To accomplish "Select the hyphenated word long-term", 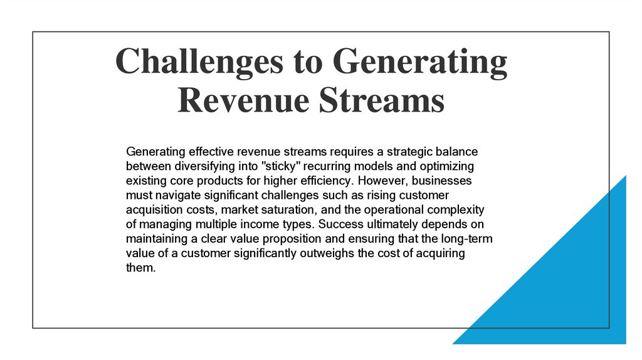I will point(470,238).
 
